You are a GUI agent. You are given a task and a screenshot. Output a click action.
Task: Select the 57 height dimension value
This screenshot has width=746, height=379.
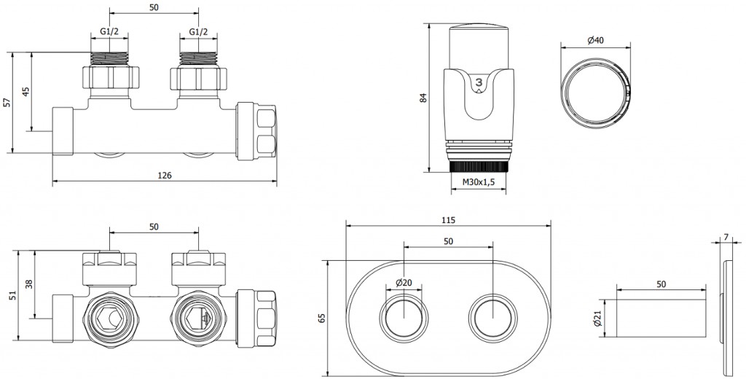7,103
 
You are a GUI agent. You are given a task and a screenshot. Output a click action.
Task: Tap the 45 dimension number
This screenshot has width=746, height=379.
26,91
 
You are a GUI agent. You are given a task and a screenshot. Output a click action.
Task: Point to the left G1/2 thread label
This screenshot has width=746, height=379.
109,33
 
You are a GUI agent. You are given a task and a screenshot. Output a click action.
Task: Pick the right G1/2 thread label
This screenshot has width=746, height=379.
198,33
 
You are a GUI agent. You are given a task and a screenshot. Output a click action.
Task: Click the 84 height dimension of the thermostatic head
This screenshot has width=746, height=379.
424,97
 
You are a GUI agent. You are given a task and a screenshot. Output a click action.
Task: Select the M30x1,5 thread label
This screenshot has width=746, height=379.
479,182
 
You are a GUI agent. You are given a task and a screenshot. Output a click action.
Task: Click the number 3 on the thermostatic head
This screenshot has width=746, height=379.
479,84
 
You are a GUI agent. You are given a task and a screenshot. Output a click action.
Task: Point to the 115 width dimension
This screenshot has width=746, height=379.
447,219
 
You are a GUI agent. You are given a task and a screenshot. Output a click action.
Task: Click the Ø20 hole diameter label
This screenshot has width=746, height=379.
404,283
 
